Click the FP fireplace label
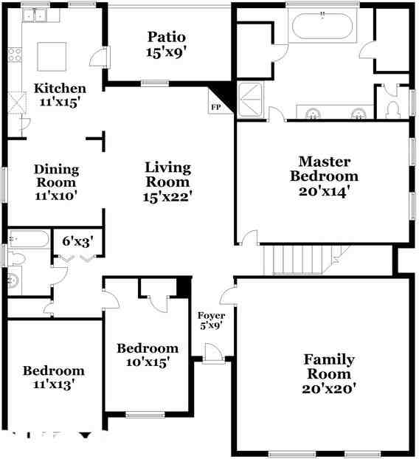(216, 108)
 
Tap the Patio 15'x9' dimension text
(166, 52)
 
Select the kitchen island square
(52, 57)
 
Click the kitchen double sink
(35, 15)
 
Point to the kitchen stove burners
(14, 55)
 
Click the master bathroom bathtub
(322, 26)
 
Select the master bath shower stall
(250, 100)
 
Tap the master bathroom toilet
(392, 110)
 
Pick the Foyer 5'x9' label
(211, 320)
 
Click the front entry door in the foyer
(214, 353)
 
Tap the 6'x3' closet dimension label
(78, 241)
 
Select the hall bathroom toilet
(16, 258)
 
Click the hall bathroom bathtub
(29, 239)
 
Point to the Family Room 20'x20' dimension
(329, 389)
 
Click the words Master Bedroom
(324, 169)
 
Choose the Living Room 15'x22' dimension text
(167, 197)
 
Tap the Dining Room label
(56, 176)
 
